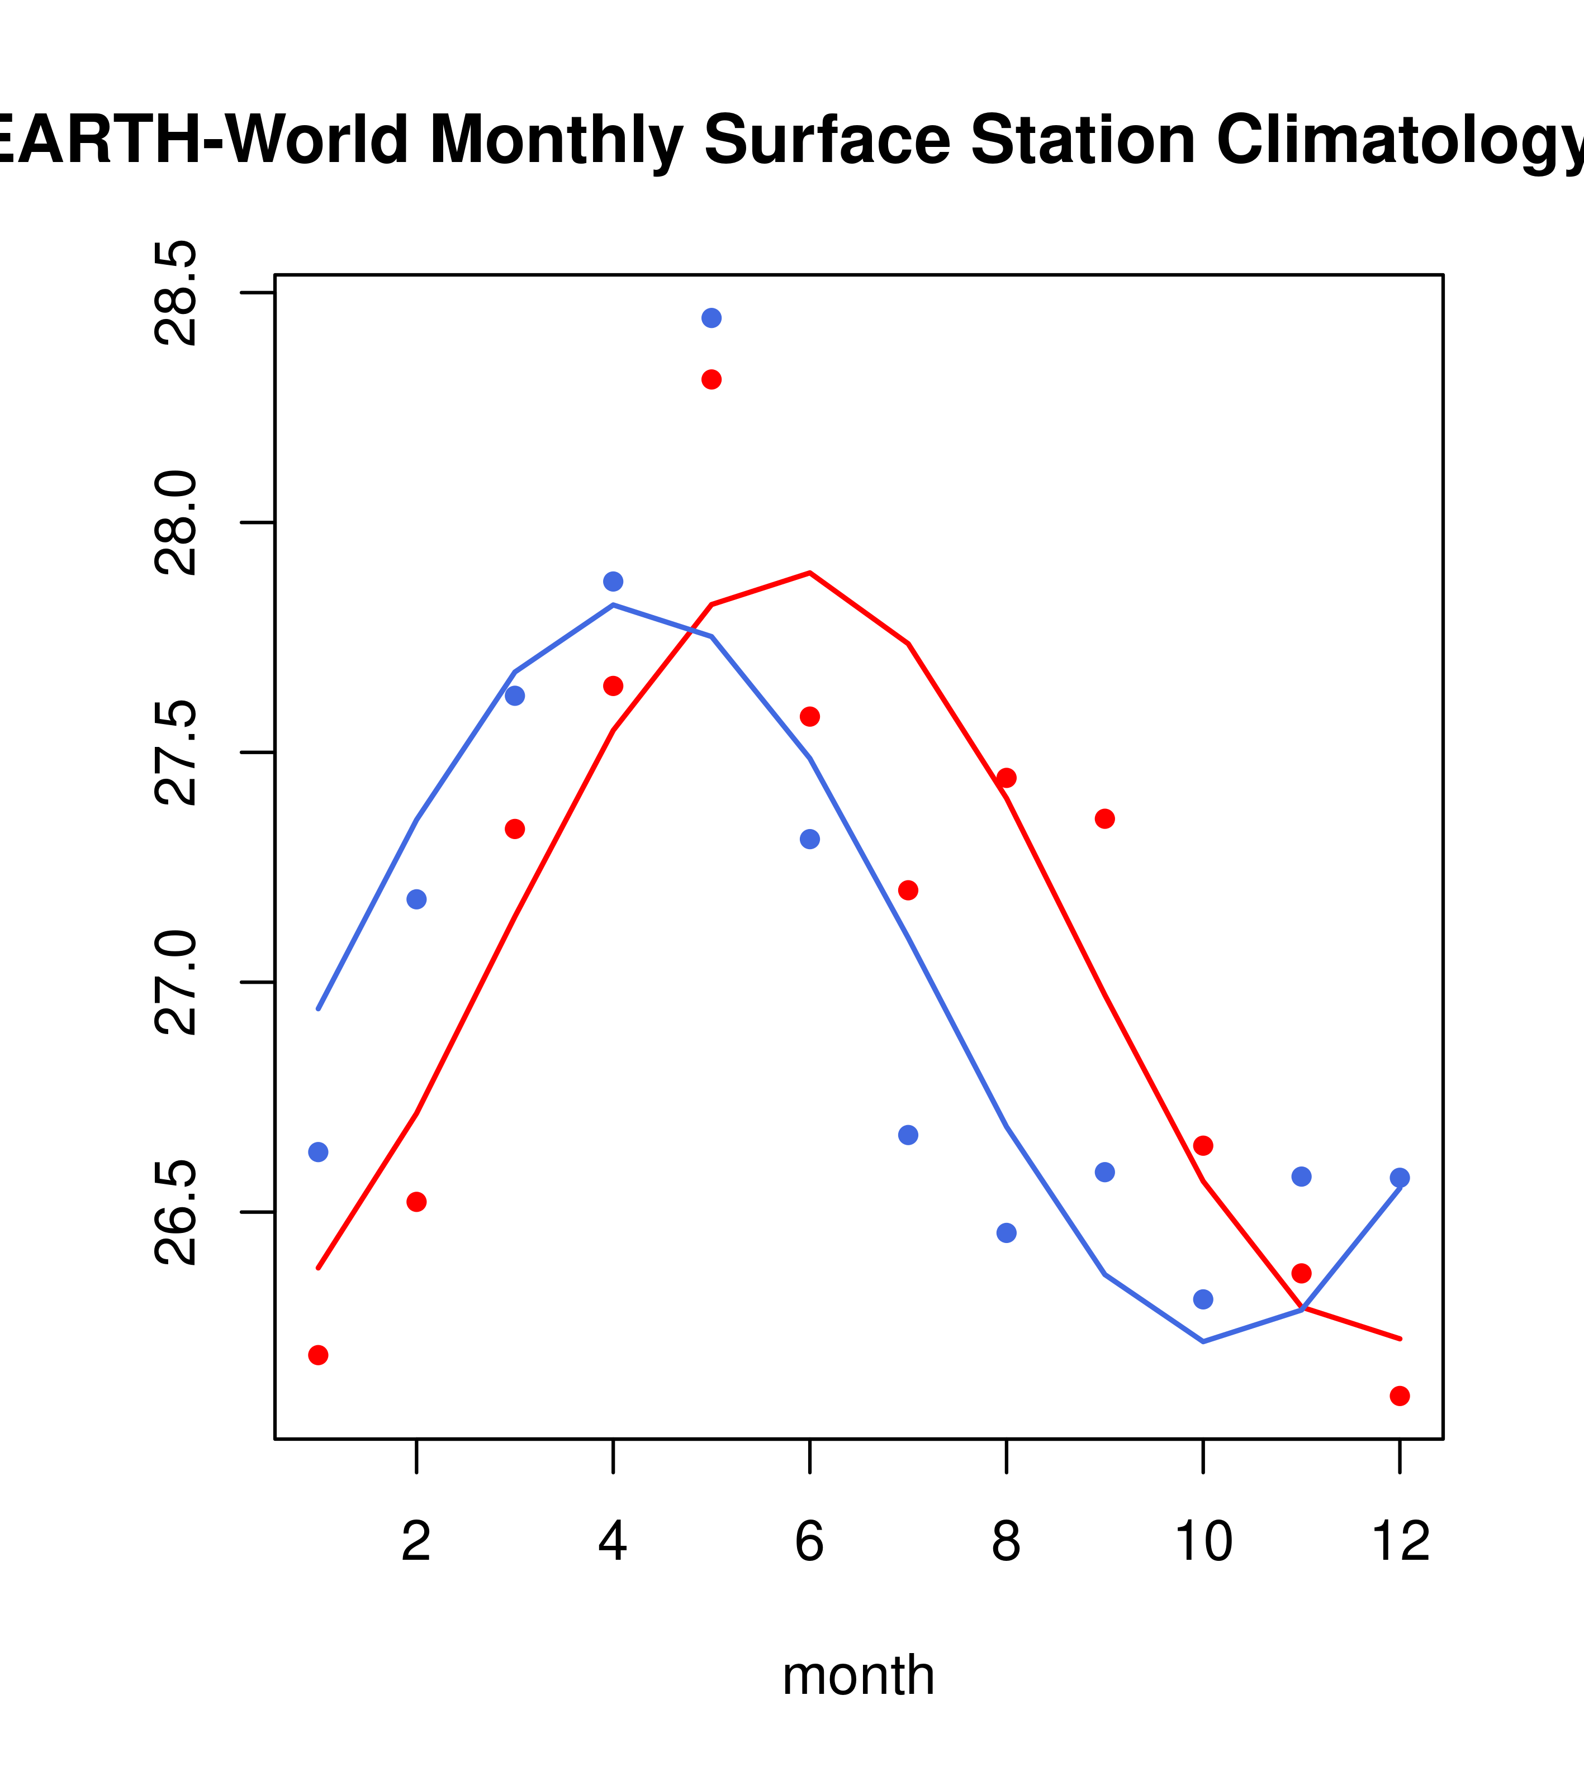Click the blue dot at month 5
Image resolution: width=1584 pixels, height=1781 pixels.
[712, 318]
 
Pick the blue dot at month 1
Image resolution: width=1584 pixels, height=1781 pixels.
[318, 1153]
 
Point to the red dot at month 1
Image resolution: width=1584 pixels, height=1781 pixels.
[318, 1355]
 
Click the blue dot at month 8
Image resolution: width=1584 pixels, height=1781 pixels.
[1007, 1233]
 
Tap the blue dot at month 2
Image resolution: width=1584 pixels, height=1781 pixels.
[417, 900]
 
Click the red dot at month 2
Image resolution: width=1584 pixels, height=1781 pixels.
[417, 1202]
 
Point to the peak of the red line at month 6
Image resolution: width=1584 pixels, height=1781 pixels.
[810, 573]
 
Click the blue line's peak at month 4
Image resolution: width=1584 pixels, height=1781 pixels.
[614, 604]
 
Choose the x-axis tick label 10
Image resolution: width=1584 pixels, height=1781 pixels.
[1203, 1543]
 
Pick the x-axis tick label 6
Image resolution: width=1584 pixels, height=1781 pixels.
[810, 1543]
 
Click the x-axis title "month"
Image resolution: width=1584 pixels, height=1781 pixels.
[859, 1675]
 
